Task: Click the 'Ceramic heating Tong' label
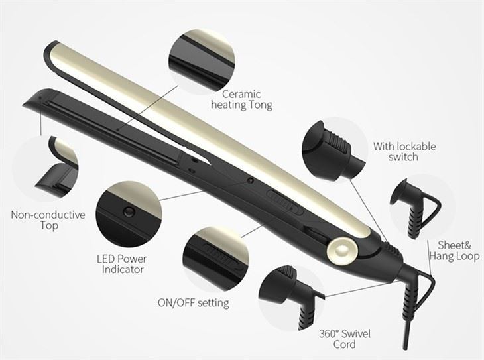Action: click(241, 99)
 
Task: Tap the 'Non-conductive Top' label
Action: click(48, 220)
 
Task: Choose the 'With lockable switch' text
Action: click(404, 152)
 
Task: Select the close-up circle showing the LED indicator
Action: click(129, 211)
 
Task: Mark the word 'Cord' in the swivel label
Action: click(344, 344)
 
